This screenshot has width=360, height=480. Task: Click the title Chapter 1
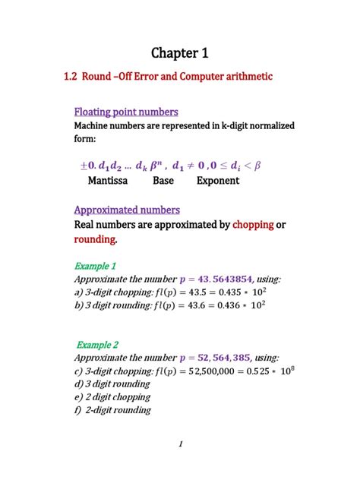[x=179, y=52]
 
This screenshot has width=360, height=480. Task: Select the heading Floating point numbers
[x=125, y=112]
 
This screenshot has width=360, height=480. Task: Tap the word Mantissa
[x=108, y=181]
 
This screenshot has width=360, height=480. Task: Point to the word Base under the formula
[x=163, y=181]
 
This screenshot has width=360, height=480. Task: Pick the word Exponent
[x=218, y=181]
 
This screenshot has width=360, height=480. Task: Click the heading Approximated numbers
[x=127, y=210]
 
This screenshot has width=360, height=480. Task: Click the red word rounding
[x=96, y=239]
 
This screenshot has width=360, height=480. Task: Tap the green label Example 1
[x=95, y=266]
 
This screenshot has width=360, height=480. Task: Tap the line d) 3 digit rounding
[x=112, y=384]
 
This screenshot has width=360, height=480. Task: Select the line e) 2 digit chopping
[x=112, y=397]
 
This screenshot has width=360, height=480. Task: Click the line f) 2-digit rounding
[x=112, y=410]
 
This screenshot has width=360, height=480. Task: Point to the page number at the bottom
[x=181, y=445]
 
